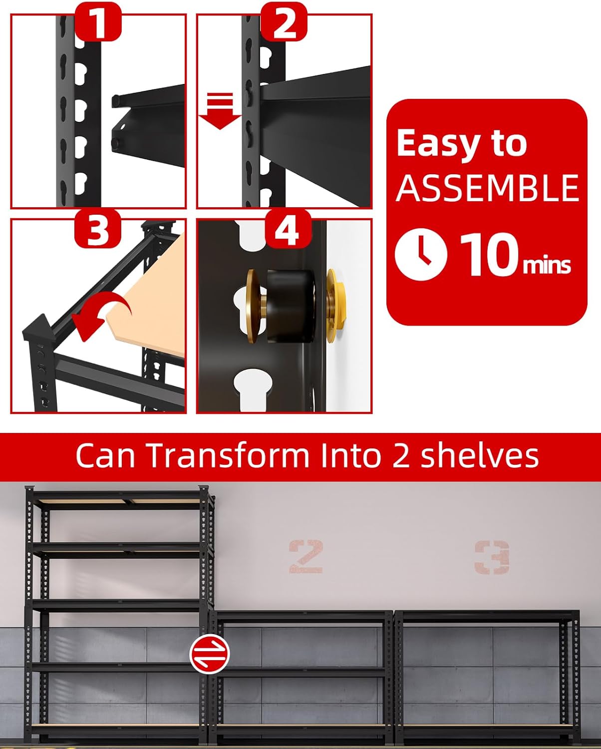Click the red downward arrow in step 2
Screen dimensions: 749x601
[221, 110]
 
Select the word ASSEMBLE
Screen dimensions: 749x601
[487, 188]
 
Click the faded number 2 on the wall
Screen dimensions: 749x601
[305, 556]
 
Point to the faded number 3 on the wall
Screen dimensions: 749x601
[492, 557]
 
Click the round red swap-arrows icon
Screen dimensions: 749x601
[210, 653]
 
